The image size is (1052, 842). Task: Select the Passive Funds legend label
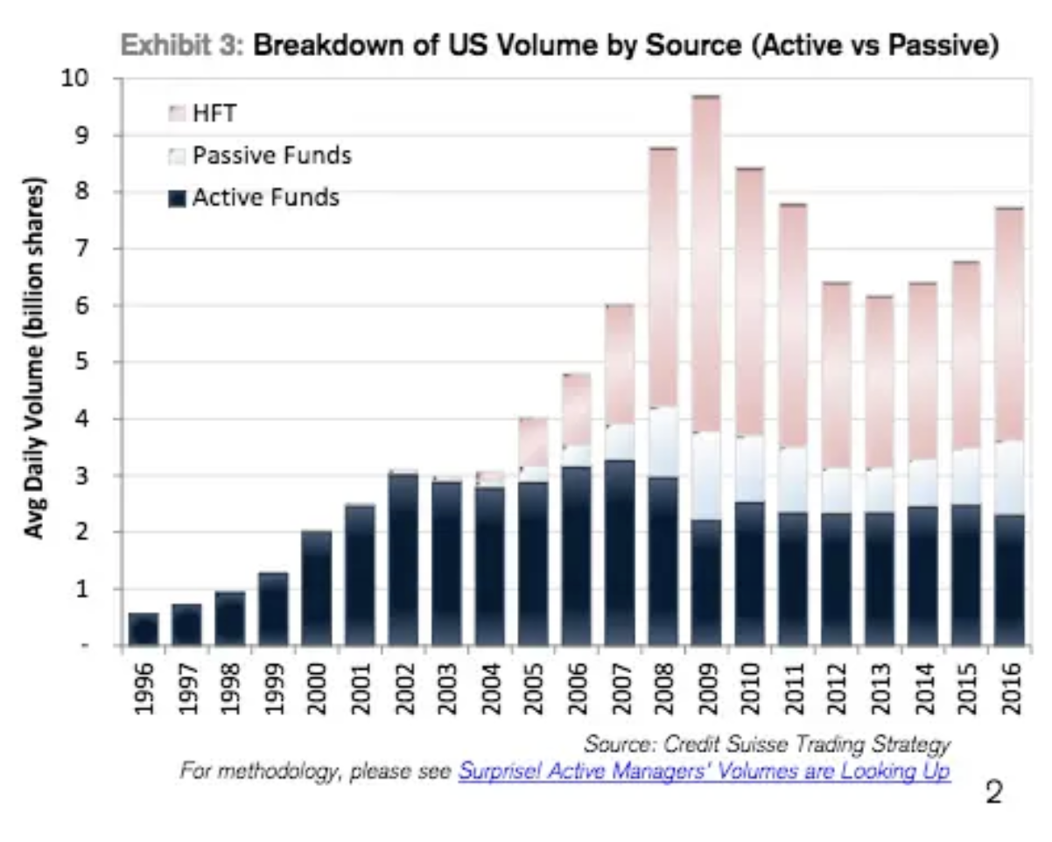(x=271, y=156)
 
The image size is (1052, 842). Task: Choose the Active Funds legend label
(x=265, y=198)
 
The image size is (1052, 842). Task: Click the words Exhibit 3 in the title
(x=180, y=46)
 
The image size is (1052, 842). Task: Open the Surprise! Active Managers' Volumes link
(x=704, y=771)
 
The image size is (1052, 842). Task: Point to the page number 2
(x=993, y=793)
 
